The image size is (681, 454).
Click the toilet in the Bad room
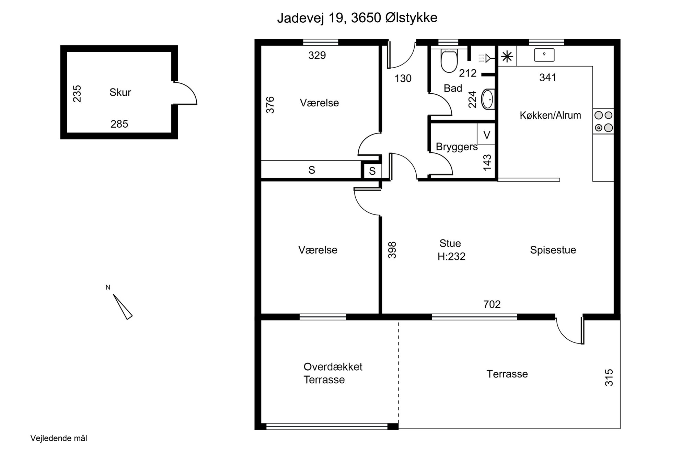(449, 61)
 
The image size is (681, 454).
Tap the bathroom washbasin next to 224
(488, 99)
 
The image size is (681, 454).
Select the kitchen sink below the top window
(544, 55)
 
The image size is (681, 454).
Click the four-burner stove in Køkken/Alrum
(603, 121)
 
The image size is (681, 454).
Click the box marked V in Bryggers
(486, 135)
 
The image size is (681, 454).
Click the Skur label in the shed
(120, 92)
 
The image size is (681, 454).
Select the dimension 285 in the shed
(119, 124)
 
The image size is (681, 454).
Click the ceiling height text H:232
(451, 257)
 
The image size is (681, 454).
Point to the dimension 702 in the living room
(492, 304)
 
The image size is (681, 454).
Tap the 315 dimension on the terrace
(609, 377)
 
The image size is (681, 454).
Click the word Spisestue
(553, 250)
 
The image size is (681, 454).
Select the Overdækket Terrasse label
(333, 373)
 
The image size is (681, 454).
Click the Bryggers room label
(457, 147)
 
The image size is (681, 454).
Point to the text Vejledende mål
(59, 439)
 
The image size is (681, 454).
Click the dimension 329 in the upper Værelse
(317, 56)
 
